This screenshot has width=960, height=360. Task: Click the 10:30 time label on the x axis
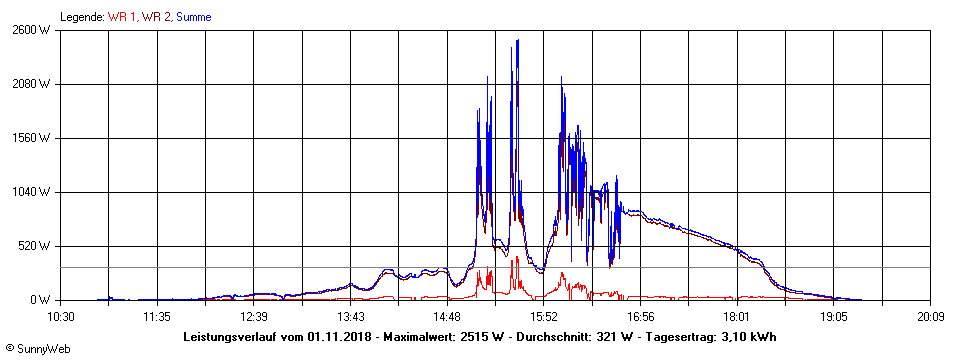click(61, 316)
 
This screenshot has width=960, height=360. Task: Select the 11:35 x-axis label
click(157, 316)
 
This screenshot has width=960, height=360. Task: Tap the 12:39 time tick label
click(254, 316)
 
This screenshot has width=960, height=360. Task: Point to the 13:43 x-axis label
click(350, 316)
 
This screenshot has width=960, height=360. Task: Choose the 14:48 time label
click(447, 316)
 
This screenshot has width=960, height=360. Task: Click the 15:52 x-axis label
click(544, 316)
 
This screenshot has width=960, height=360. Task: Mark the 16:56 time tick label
click(640, 316)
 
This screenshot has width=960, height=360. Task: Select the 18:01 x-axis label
click(737, 316)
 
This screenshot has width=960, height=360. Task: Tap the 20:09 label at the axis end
click(930, 316)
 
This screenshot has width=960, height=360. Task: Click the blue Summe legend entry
click(194, 17)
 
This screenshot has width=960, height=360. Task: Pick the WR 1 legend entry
click(122, 17)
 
